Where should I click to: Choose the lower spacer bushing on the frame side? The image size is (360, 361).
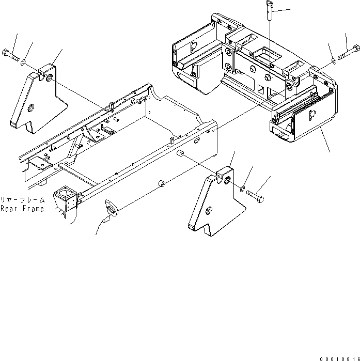[x=161, y=183]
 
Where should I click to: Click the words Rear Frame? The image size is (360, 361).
[x=22, y=209]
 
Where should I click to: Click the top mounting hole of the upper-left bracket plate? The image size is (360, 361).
[x=49, y=77]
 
